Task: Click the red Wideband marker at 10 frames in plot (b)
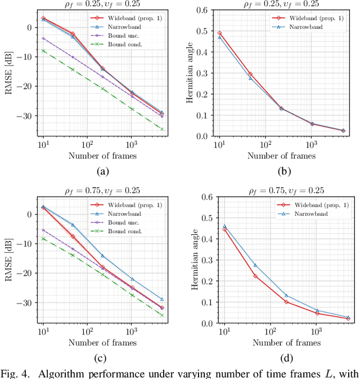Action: tap(219, 33)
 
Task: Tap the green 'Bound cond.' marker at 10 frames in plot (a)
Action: tap(43, 51)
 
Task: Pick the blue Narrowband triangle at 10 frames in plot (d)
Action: tap(224, 226)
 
